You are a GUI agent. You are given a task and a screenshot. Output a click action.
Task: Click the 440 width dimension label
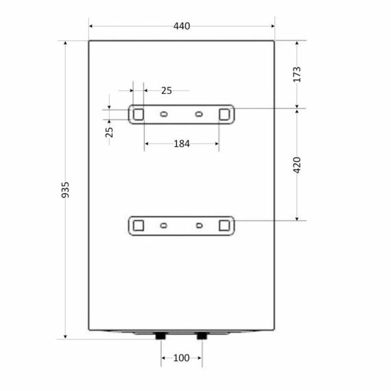[x=182, y=26]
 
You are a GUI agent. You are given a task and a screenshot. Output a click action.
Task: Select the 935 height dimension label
[x=65, y=190]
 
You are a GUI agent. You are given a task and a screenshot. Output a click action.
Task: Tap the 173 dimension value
[x=297, y=74]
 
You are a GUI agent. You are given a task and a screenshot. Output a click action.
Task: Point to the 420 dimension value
[x=297, y=165]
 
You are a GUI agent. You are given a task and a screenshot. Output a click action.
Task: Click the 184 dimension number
[x=182, y=143]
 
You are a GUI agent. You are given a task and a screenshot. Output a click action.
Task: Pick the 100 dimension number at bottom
[x=181, y=358]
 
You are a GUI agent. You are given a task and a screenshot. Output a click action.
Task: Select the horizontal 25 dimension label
[x=166, y=91]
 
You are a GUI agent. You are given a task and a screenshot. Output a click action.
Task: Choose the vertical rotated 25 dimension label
[x=109, y=132]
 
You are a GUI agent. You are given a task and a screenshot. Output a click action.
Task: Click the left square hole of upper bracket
[x=139, y=115]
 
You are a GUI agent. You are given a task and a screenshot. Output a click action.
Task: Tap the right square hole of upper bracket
[x=224, y=115]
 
